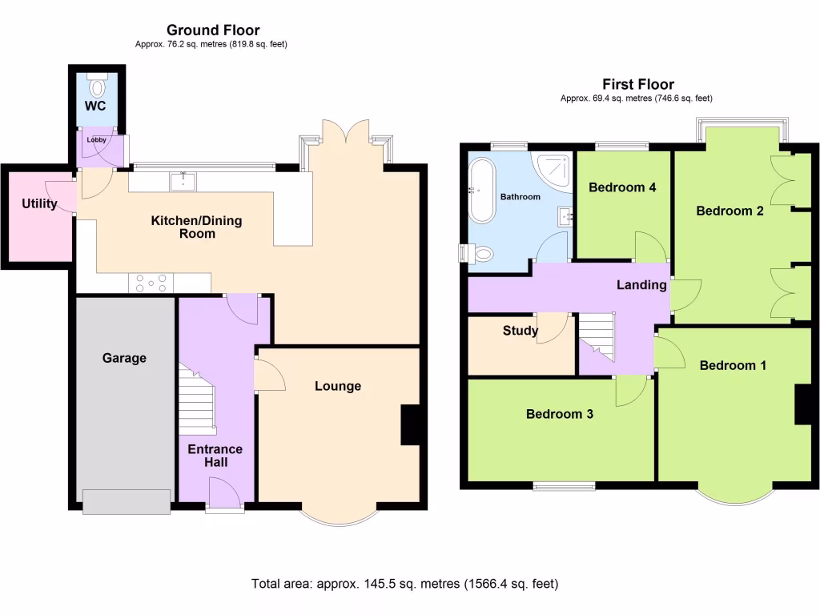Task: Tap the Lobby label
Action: point(96,139)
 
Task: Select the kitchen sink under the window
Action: point(183,182)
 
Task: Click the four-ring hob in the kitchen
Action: point(151,283)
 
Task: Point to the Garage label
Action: point(124,358)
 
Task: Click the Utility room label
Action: point(39,204)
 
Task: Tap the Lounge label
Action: point(337,386)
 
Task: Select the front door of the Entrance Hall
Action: point(225,492)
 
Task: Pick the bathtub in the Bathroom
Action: point(483,191)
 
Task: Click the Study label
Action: point(520,331)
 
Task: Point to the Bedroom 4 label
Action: point(622,187)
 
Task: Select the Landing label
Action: point(641,285)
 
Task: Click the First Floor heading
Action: point(638,84)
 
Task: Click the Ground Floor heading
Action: point(213,30)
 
